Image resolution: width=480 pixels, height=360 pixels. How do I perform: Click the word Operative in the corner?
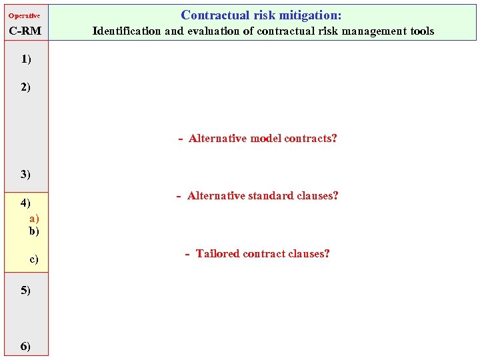point(24,15)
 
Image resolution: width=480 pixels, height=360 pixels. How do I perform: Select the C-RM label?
point(25,31)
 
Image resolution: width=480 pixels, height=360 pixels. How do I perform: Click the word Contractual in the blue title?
point(211,15)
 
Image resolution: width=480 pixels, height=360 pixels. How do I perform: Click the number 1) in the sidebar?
point(25,59)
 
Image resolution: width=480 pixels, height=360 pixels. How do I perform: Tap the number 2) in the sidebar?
point(25,87)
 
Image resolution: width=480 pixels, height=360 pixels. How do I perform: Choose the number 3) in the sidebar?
point(25,175)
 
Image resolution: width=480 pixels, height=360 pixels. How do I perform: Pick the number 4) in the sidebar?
point(25,203)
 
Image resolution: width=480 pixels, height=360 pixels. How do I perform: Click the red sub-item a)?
point(33,218)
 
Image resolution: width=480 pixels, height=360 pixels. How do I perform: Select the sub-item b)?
point(33,231)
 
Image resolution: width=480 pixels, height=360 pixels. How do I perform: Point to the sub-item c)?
point(33,259)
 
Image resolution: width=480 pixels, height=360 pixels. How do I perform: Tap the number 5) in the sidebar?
point(25,291)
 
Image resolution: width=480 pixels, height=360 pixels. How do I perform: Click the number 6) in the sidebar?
point(25,346)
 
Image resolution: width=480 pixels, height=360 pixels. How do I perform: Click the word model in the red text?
point(265,139)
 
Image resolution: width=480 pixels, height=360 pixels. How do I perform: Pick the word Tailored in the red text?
point(217,254)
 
